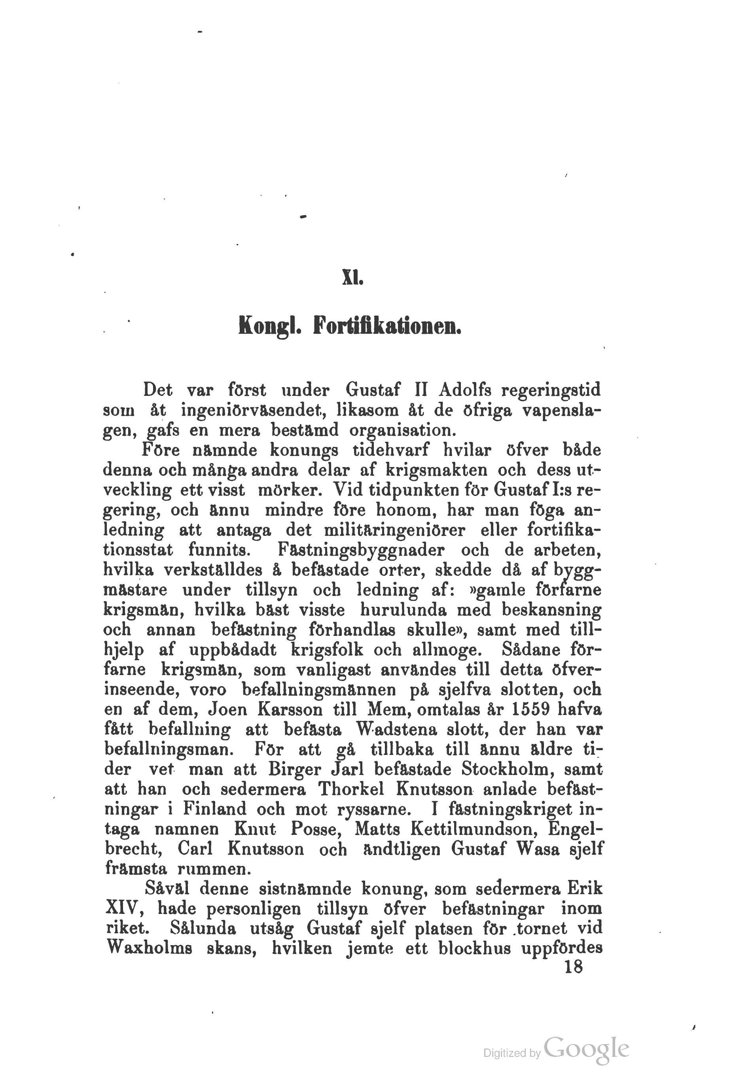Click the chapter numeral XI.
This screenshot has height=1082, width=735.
352,278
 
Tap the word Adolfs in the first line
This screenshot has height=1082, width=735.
470,389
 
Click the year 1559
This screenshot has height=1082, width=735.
530,711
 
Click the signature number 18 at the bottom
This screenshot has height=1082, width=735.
573,970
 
